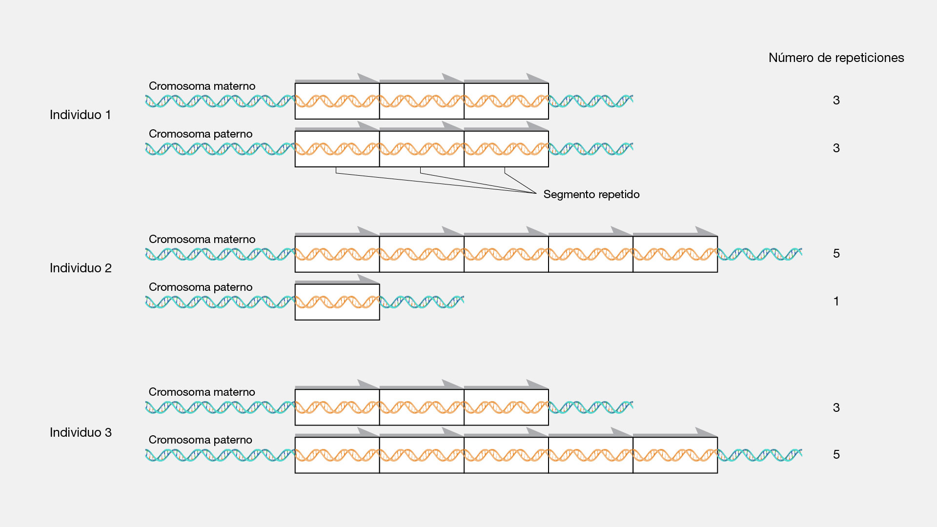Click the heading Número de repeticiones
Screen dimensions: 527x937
pos(836,58)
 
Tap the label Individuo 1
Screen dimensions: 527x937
pos(80,115)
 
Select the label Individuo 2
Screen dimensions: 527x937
pos(81,268)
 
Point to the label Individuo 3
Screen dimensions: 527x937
pos(81,432)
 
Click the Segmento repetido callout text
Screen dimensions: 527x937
pos(591,194)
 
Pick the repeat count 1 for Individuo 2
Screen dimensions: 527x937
pos(836,301)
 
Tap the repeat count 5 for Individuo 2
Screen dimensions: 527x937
pos(836,253)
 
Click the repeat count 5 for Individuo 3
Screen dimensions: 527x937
pos(836,454)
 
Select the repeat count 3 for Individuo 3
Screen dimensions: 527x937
pos(836,407)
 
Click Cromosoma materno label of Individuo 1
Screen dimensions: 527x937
pos(202,86)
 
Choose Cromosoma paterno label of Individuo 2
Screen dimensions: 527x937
pos(201,287)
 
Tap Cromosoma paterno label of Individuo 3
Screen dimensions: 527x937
pos(201,440)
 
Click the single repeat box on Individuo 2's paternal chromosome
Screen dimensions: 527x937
pos(337,302)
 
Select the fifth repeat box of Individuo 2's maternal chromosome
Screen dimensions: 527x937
pos(675,254)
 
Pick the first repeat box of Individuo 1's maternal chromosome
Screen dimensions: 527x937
pos(337,101)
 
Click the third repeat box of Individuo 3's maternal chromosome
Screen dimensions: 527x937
pos(506,407)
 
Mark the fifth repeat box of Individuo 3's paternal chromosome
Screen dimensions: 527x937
pos(675,455)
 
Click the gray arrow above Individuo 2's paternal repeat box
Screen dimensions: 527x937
pos(337,280)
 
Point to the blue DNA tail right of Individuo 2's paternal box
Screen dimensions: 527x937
pos(422,302)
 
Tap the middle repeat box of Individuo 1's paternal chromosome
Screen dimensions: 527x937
pos(422,149)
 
